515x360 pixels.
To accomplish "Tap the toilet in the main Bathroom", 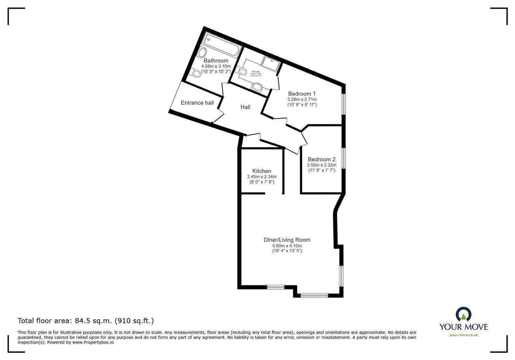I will pyautogui.click(x=195, y=73).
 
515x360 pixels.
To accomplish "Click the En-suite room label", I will pyautogui.click(x=256, y=72).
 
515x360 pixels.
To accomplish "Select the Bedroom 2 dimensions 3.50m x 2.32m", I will pyautogui.click(x=321, y=165).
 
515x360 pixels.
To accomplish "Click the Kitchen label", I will pyautogui.click(x=261, y=171).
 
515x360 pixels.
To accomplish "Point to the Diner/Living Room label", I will pyautogui.click(x=287, y=240).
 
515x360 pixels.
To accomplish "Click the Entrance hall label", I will pyautogui.click(x=197, y=103).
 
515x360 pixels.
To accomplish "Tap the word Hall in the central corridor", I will pyautogui.click(x=245, y=107).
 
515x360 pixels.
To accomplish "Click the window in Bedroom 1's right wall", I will pyautogui.click(x=343, y=104).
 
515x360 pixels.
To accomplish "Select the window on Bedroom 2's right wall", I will pyautogui.click(x=343, y=158).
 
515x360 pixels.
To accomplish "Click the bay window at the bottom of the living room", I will pyautogui.click(x=314, y=295).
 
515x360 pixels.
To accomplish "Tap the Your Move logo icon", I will pyautogui.click(x=464, y=315).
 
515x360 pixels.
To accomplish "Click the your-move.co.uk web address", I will pyautogui.click(x=464, y=335).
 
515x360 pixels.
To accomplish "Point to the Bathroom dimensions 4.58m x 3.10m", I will pyautogui.click(x=216, y=66).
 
